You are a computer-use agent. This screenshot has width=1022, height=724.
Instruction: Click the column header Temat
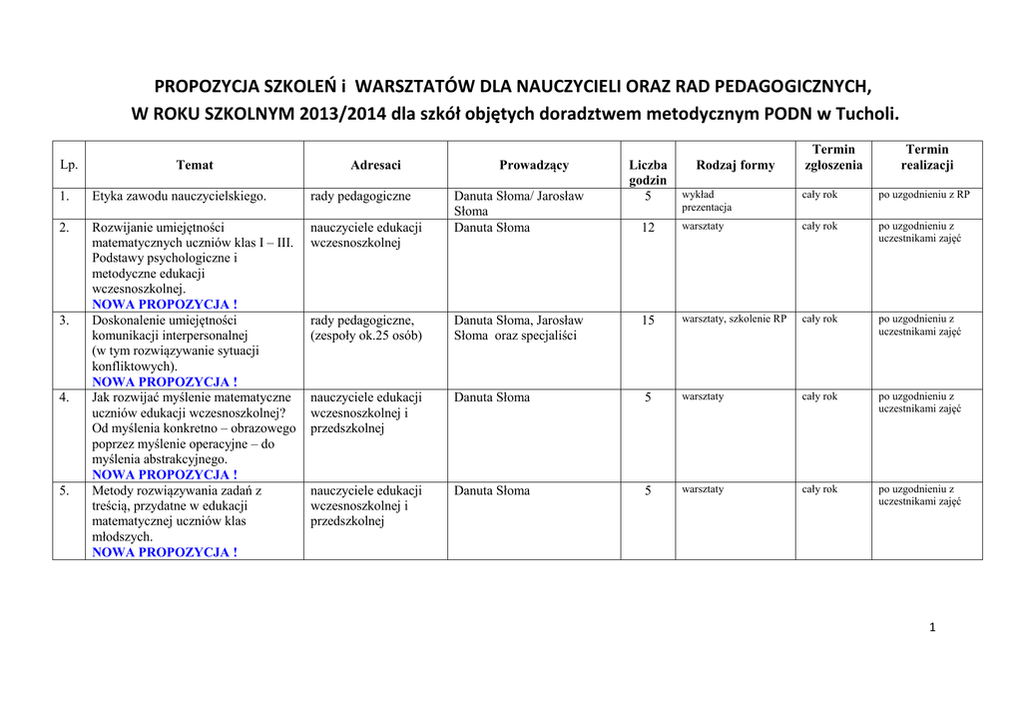point(195,165)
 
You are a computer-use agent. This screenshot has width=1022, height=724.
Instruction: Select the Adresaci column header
point(375,165)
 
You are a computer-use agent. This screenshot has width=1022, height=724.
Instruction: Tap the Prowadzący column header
point(534,165)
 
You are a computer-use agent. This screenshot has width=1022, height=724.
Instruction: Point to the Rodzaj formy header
point(736,165)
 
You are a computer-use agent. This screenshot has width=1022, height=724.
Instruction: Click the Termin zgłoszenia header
point(833,157)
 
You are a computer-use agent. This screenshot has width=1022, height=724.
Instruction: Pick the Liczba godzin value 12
point(648,228)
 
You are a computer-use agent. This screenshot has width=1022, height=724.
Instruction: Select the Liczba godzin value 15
point(648,321)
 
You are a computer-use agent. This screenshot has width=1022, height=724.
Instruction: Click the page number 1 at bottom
point(931,627)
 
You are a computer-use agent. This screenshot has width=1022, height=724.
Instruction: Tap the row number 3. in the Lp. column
point(65,321)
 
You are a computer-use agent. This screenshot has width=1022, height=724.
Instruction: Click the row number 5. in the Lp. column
point(65,491)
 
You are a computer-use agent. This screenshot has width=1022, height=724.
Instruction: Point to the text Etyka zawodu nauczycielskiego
point(179,197)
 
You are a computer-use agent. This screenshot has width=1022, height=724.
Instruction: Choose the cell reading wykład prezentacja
point(707,201)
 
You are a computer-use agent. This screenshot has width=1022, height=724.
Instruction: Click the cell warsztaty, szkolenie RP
point(734,320)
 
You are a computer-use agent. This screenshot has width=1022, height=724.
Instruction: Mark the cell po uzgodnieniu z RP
point(923,195)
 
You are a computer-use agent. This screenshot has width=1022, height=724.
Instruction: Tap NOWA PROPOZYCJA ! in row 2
point(165,304)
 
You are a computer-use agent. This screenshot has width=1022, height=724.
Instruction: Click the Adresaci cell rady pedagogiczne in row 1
point(360,197)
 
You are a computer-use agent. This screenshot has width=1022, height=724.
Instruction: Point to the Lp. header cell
point(69,165)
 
